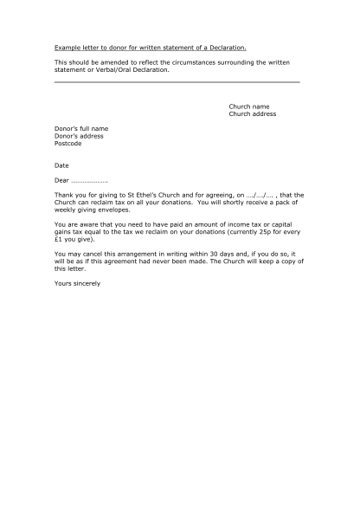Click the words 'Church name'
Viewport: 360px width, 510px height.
(248, 107)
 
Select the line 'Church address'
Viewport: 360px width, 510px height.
(253, 113)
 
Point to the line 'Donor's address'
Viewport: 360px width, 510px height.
(79, 136)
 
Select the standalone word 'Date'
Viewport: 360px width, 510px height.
(61, 165)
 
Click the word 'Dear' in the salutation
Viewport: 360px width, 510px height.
(61, 180)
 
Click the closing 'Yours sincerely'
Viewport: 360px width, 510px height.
(77, 283)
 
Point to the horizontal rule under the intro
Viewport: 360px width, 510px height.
(177, 81)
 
